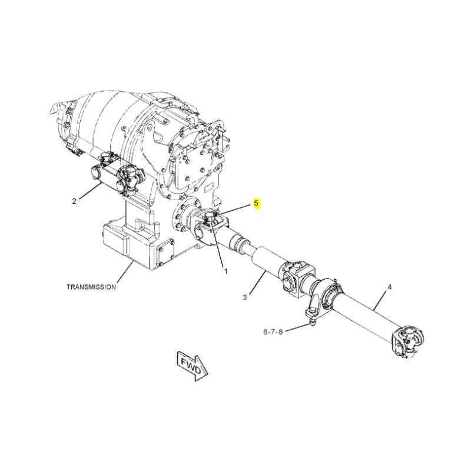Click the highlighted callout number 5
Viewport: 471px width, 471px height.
256,203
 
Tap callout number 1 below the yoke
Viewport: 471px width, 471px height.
225,271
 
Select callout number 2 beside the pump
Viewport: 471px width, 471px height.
74,201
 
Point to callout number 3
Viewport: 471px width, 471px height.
245,297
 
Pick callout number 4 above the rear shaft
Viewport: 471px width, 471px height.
390,287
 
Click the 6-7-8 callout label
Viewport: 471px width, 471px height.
273,332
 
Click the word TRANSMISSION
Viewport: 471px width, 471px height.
91,287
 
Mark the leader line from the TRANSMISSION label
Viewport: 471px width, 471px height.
124,272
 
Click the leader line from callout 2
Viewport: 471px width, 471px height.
90,192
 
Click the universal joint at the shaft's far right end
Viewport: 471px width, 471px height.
407,342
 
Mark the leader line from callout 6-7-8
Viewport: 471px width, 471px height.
297,329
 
